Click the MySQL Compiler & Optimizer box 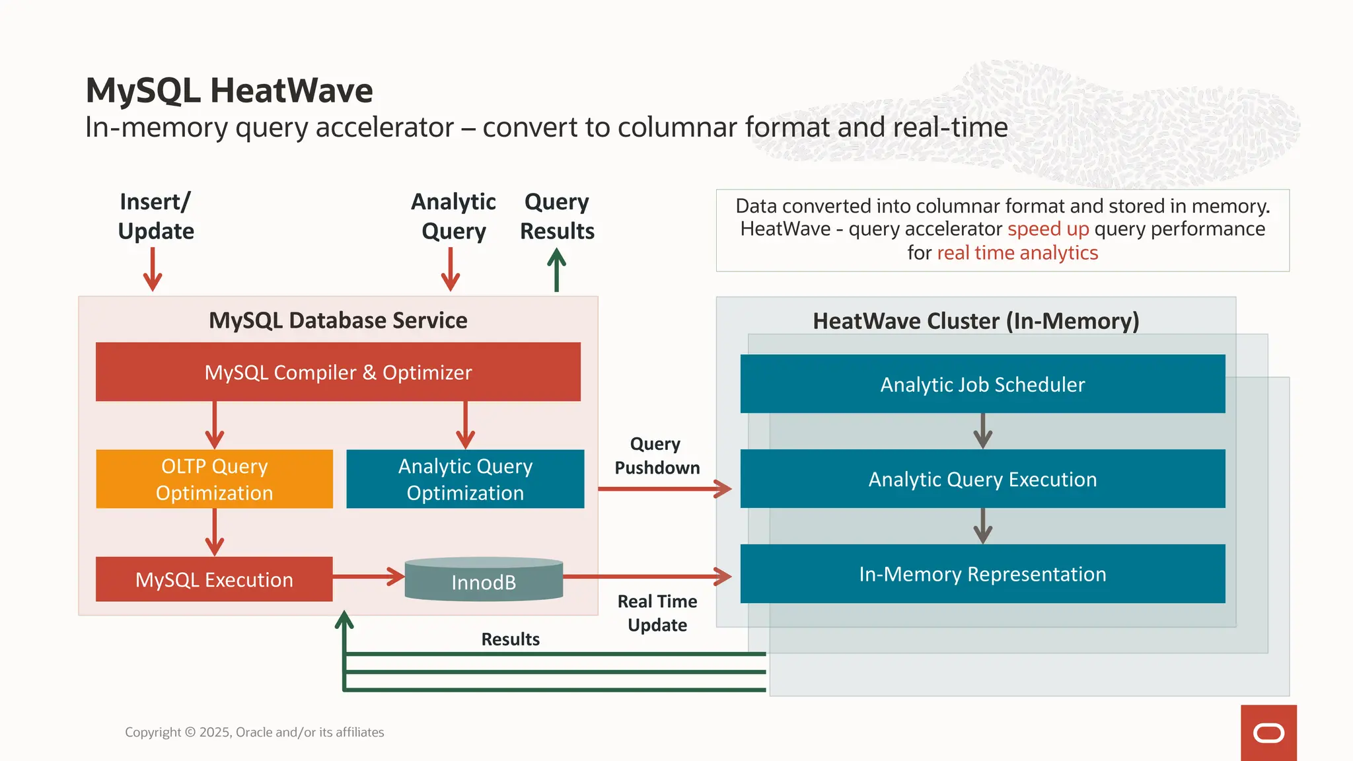click(338, 372)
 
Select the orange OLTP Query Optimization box click(214, 479)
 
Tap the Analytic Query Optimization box click(465, 479)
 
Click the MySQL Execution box click(214, 579)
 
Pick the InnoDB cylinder click(484, 580)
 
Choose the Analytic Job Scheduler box click(982, 384)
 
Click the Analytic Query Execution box click(982, 479)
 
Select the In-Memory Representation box click(982, 573)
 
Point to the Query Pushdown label click(657, 456)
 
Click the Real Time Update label click(657, 613)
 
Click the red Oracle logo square click(1268, 733)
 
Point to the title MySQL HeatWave click(229, 91)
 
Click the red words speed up click(1048, 229)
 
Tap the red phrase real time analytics click(1017, 253)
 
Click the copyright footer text click(254, 732)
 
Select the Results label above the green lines click(510, 639)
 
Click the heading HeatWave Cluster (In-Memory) click(976, 321)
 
